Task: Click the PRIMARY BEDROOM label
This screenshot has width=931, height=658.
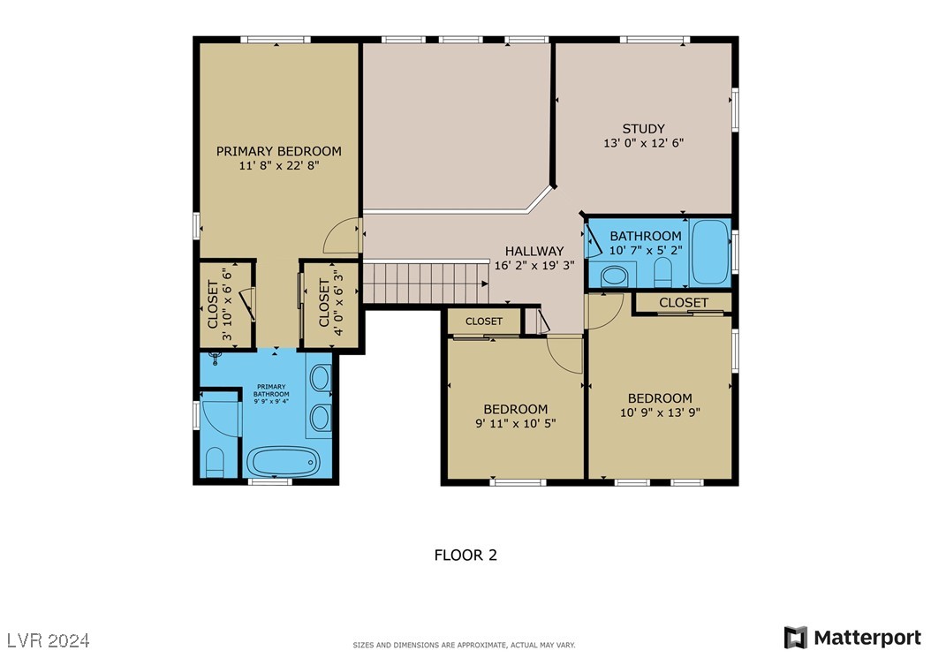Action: click(x=278, y=151)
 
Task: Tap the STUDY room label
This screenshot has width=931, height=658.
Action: click(x=642, y=129)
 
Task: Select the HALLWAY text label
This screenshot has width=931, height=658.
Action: click(x=534, y=251)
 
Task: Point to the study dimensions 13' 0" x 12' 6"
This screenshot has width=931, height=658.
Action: click(x=642, y=143)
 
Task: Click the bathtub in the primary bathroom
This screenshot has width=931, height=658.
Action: click(x=283, y=460)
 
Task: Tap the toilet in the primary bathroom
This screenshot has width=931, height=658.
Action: click(x=215, y=461)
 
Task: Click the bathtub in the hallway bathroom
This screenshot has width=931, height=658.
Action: click(x=709, y=253)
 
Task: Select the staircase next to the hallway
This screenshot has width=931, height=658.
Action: click(x=424, y=283)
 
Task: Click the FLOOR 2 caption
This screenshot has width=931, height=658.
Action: click(x=465, y=555)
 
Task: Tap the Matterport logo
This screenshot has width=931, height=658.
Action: click(x=852, y=637)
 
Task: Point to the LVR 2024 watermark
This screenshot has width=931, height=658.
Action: click(x=49, y=639)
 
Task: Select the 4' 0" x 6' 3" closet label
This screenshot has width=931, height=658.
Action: click(x=329, y=304)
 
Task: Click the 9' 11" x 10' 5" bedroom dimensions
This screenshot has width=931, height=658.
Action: click(x=515, y=424)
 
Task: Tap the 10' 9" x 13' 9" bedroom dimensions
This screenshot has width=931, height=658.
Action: click(x=660, y=412)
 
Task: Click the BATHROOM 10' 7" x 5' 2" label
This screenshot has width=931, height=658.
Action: click(x=646, y=243)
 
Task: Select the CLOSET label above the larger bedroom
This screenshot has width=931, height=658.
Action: click(x=683, y=302)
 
